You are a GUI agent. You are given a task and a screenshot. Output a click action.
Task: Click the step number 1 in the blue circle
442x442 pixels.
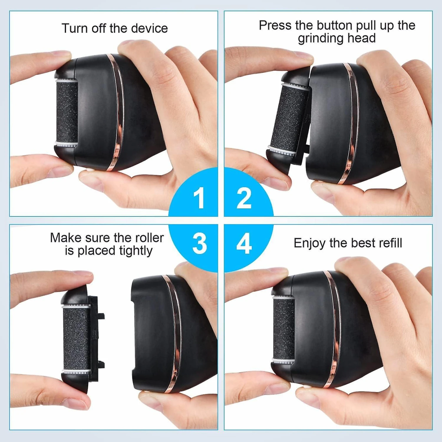click(x=199, y=198)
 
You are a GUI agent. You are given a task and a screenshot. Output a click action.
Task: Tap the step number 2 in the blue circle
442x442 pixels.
click(x=244, y=198)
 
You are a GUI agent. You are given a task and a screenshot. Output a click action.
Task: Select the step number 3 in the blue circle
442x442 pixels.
click(x=200, y=243)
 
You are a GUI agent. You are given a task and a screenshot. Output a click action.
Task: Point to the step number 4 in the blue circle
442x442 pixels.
click(x=244, y=243)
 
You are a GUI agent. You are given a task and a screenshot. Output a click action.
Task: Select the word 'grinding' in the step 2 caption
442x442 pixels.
click(x=321, y=39)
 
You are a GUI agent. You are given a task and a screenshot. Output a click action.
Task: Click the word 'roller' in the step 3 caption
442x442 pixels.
click(x=149, y=238)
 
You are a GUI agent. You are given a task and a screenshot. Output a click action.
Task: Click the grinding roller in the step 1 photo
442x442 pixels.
click(x=67, y=113)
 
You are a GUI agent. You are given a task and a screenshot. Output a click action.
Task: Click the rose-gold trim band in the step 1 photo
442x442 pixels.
click(x=116, y=112)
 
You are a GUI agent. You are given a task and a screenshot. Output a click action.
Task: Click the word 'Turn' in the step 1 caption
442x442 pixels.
click(x=75, y=28)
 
